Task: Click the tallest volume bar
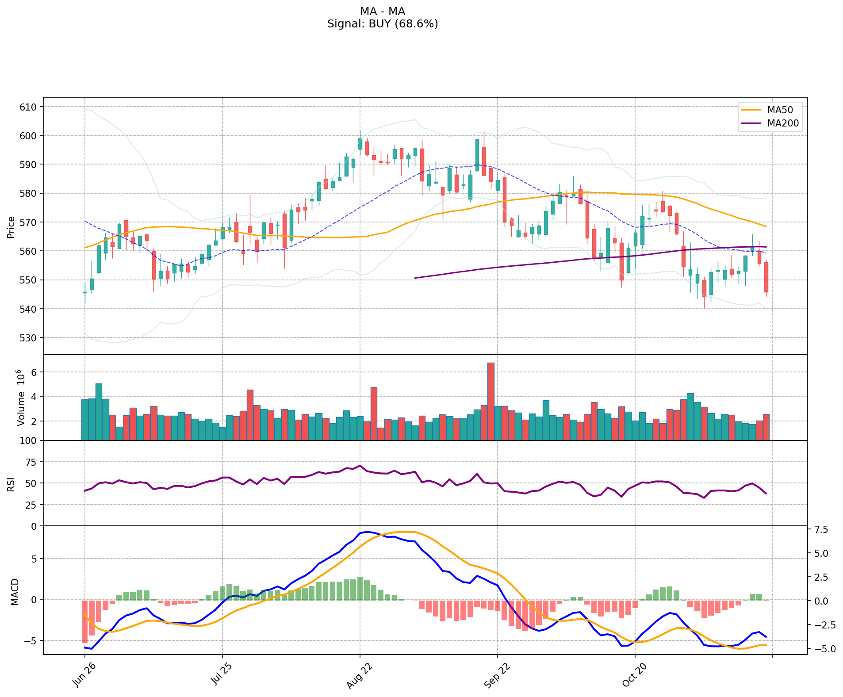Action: click(x=491, y=401)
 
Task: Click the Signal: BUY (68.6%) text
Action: click(x=383, y=24)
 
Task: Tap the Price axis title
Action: click(x=11, y=227)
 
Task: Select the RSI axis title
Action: click(x=11, y=484)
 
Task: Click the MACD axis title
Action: click(x=15, y=592)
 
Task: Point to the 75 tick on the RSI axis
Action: click(x=31, y=462)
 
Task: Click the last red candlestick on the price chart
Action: click(x=766, y=277)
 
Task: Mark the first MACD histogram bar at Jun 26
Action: click(x=84, y=621)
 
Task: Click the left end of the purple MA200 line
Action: click(x=415, y=278)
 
